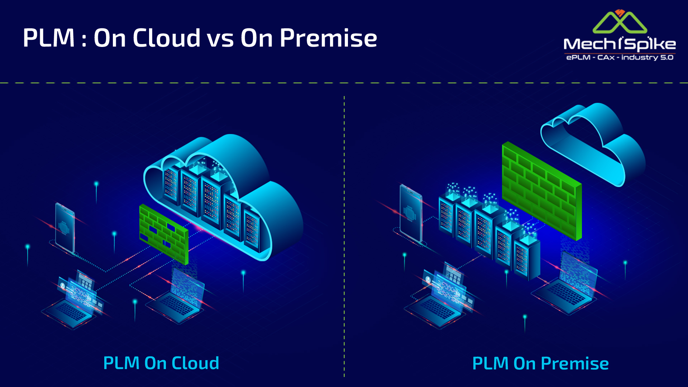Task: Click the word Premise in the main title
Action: click(x=328, y=38)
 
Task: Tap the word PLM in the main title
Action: click(x=49, y=38)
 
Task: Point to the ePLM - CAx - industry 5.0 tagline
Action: click(x=620, y=57)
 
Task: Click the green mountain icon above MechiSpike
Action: click(x=620, y=22)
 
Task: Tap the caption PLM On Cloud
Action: click(x=161, y=363)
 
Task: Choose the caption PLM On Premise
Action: click(x=540, y=363)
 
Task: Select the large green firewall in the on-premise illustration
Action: click(x=541, y=190)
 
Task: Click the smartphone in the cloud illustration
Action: click(x=65, y=228)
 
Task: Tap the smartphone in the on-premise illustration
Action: click(x=411, y=213)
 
